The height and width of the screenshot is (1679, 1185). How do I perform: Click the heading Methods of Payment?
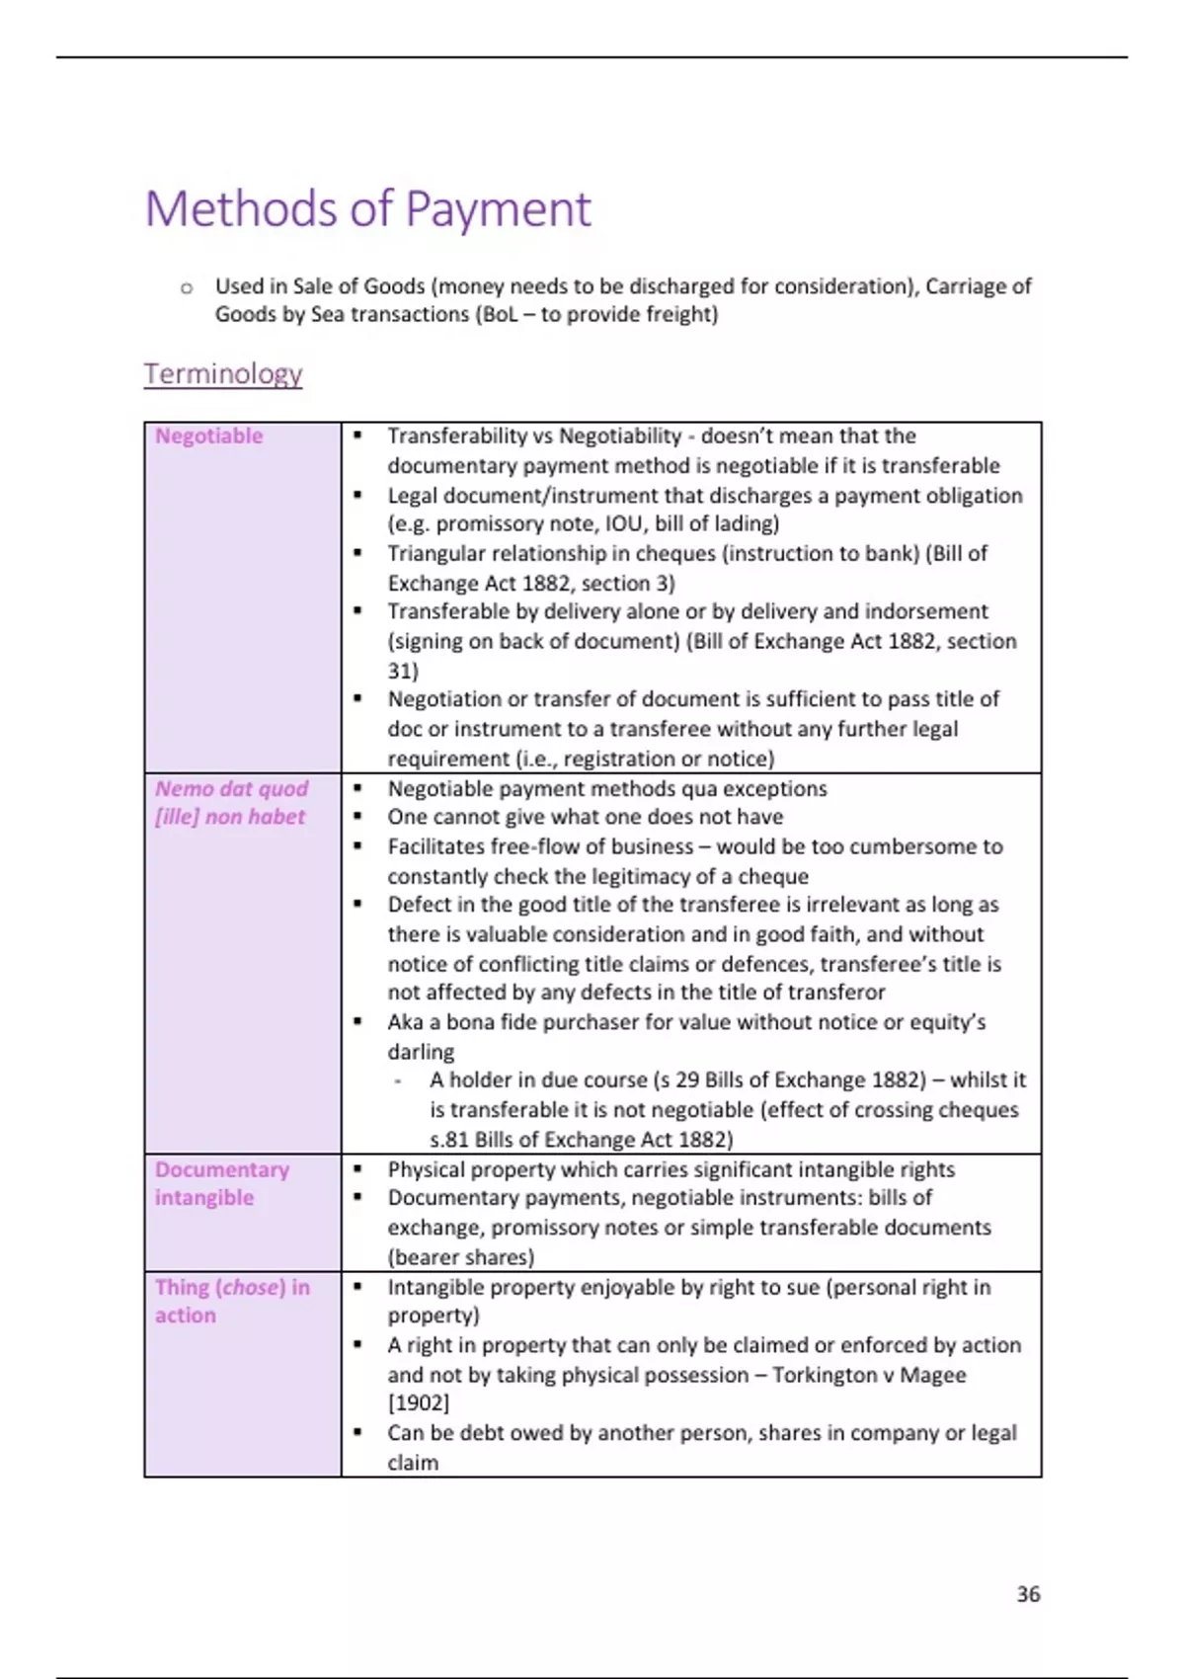pyautogui.click(x=367, y=209)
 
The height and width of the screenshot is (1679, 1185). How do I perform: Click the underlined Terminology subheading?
pyautogui.click(x=223, y=374)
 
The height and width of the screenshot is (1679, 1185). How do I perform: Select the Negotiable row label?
pyautogui.click(x=209, y=437)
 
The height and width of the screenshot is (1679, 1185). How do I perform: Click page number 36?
pyautogui.click(x=1028, y=1594)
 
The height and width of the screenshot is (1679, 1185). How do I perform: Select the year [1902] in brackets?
pyautogui.click(x=418, y=1403)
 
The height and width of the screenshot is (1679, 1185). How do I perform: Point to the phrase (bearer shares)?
pyautogui.click(x=460, y=1257)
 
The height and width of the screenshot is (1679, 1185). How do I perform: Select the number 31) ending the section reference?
pyautogui.click(x=403, y=671)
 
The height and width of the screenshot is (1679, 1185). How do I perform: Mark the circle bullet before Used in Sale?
pyautogui.click(x=187, y=288)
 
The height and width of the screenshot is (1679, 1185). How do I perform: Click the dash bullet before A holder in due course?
pyautogui.click(x=397, y=1081)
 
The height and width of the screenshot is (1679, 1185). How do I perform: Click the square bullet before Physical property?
pyautogui.click(x=357, y=1169)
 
